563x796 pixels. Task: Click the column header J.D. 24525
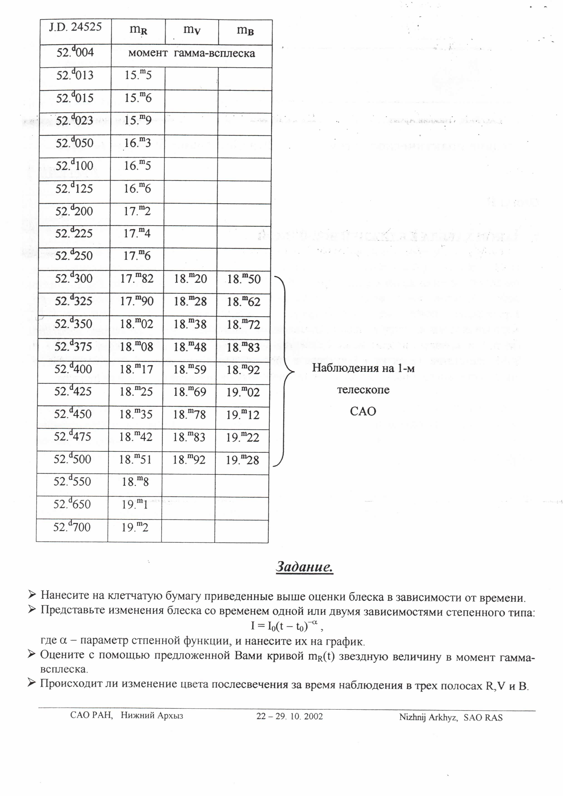pyautogui.click(x=75, y=27)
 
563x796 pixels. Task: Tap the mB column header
pyautogui.click(x=245, y=30)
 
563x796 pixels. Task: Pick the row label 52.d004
pyautogui.click(x=75, y=52)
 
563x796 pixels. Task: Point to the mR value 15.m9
pyautogui.click(x=138, y=120)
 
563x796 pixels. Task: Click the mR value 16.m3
pyautogui.click(x=138, y=143)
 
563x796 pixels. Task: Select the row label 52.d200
pyautogui.click(x=74, y=211)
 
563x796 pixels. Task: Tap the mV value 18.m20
pyautogui.click(x=190, y=279)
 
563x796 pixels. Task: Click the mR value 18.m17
pyautogui.click(x=136, y=369)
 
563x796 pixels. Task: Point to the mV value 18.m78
pyautogui.click(x=189, y=414)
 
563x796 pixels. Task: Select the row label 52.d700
pyautogui.click(x=72, y=527)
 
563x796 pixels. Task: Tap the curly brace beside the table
pyautogui.click(x=285, y=371)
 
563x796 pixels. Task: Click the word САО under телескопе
pyautogui.click(x=363, y=412)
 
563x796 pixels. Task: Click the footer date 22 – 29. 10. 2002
pyautogui.click(x=290, y=716)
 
